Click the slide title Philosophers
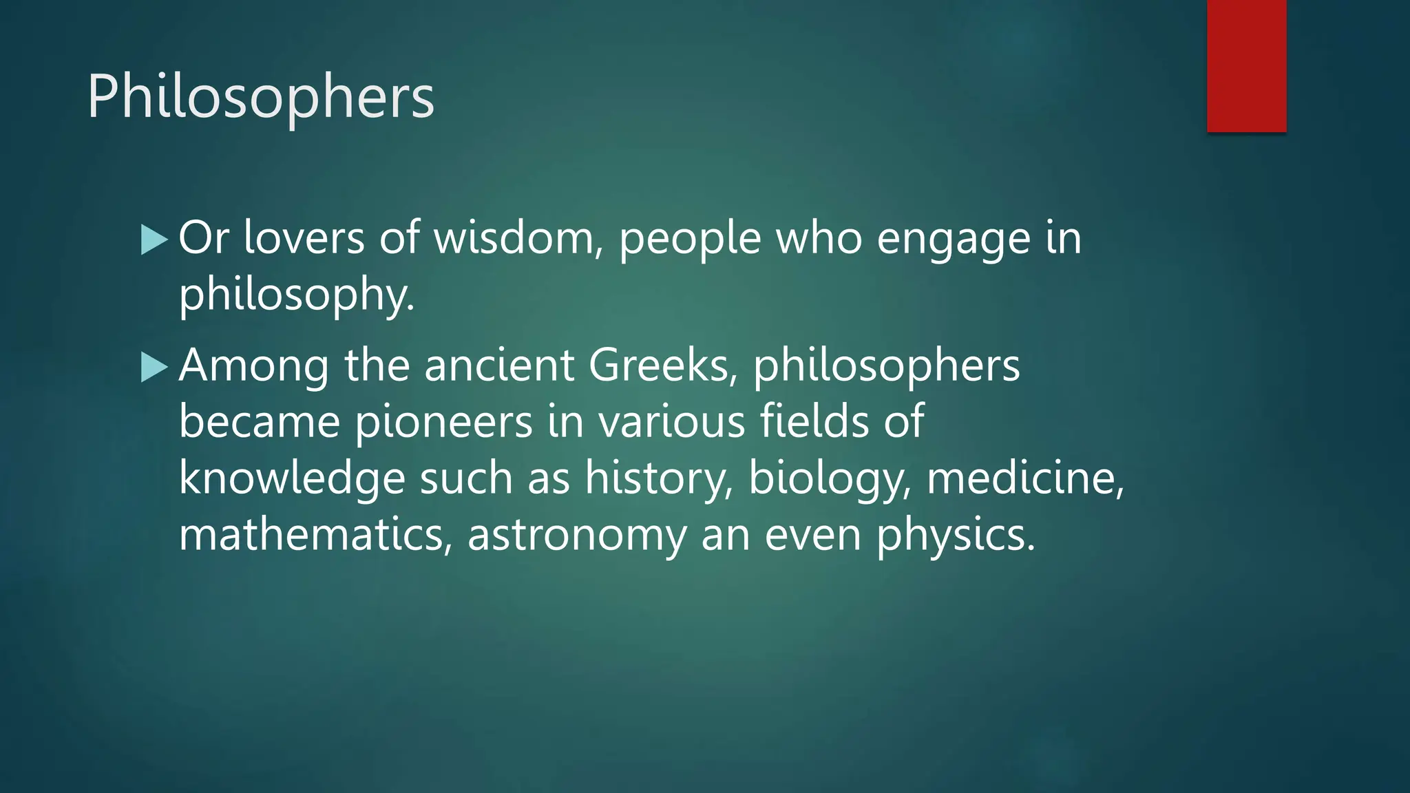pos(260,97)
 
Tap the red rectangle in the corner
pos(1246,65)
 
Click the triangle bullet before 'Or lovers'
pos(154,240)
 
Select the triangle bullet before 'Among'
pos(154,368)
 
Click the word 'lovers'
pos(304,238)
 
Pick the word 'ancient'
pos(499,365)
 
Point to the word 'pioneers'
pos(443,422)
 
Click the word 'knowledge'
pos(291,479)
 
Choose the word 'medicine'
pos(1024,479)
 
